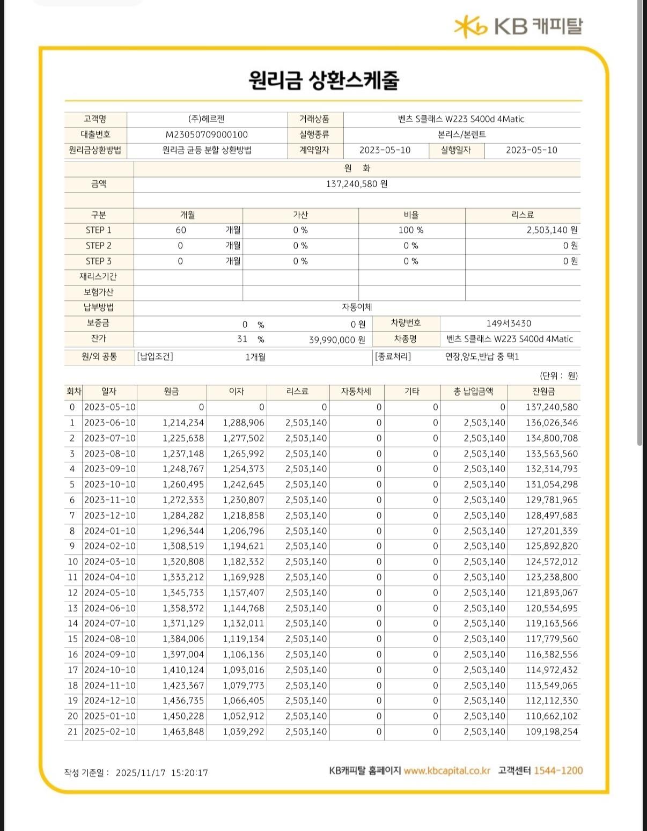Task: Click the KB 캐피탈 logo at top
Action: tap(518, 26)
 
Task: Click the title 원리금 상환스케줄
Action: tap(323, 80)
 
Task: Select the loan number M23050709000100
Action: tap(207, 135)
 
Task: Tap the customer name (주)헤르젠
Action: tap(207, 119)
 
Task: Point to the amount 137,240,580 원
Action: tap(357, 184)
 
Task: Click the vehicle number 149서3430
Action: tap(509, 323)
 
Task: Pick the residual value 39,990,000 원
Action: tap(337, 340)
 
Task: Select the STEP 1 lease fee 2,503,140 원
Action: tap(552, 230)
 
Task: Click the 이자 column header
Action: tap(237, 392)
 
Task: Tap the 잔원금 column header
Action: tap(544, 392)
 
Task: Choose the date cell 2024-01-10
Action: tap(110, 531)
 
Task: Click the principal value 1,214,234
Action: tap(183, 423)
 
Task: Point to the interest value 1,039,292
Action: tap(244, 732)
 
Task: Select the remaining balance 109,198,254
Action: tap(552, 732)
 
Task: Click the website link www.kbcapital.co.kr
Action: tap(447, 771)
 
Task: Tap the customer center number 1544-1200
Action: tap(558, 771)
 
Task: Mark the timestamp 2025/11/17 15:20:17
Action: tap(161, 773)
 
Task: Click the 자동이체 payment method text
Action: tap(357, 307)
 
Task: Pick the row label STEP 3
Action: tap(99, 261)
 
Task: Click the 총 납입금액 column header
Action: tap(473, 392)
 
